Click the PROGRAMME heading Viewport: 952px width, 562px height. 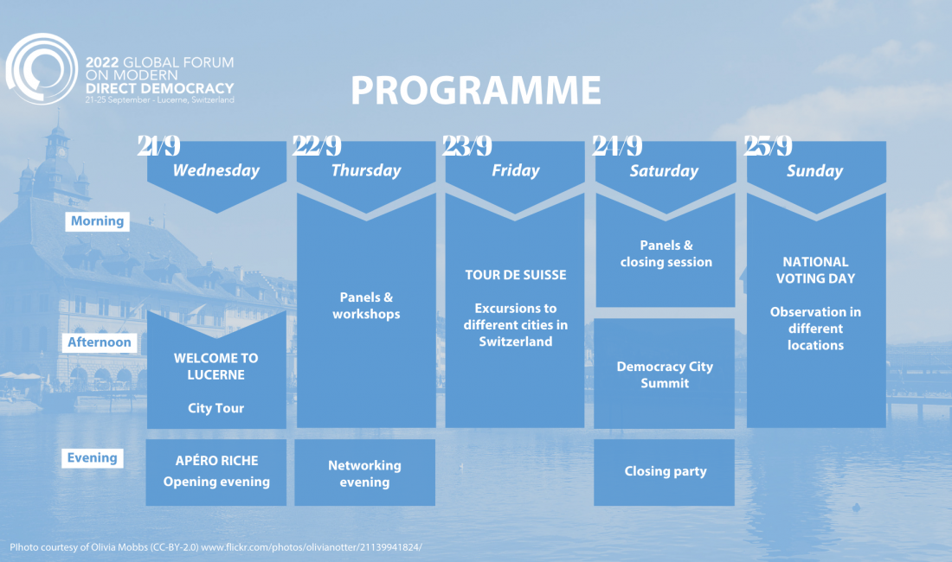[475, 90]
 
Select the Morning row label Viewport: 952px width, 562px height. [97, 221]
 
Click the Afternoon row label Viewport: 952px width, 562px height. [99, 342]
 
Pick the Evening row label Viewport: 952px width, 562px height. [93, 457]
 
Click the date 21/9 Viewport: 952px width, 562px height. [158, 145]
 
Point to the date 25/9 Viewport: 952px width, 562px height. [768, 145]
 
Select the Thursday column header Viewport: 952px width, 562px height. [366, 170]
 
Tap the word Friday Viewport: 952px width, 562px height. [516, 170]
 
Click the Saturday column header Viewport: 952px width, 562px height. [664, 171]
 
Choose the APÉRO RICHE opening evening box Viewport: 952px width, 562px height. [216, 472]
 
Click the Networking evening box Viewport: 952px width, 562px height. [365, 472]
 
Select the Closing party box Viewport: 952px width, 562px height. [664, 472]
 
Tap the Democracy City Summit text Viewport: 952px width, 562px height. [665, 374]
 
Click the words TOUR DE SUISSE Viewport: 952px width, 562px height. [516, 275]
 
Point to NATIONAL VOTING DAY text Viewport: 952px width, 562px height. [815, 271]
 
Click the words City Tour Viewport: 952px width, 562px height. [216, 408]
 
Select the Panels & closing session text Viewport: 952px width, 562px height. [666, 253]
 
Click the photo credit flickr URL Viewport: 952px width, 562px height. [312, 546]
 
